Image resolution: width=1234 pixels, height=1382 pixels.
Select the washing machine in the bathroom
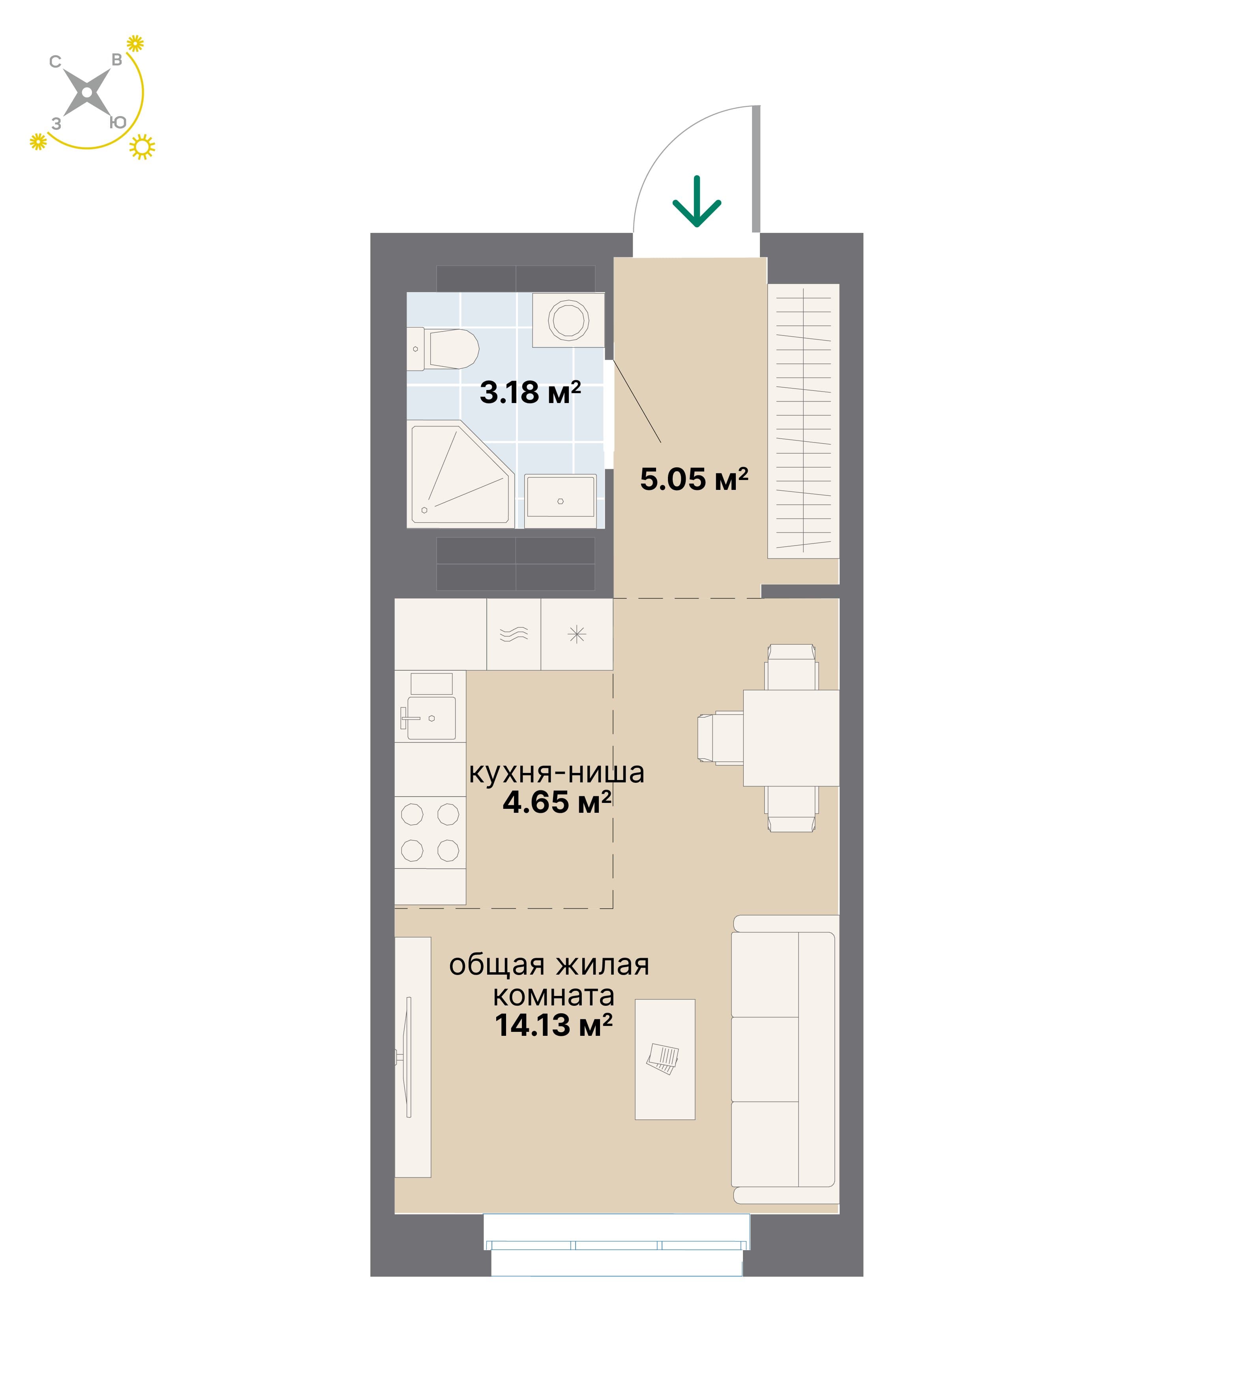pos(568,320)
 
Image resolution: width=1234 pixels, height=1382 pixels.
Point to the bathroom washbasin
pos(561,501)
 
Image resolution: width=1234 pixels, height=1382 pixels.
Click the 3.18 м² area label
pos(530,393)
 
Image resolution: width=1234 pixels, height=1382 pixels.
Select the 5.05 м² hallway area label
pos(694,480)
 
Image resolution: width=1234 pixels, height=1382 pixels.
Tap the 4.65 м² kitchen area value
pos(557,802)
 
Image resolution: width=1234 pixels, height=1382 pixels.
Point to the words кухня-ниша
pos(557,773)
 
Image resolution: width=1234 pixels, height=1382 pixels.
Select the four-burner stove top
pos(430,832)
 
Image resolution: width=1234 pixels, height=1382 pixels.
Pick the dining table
pos(791,738)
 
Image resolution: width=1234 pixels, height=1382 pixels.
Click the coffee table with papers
pos(664,1059)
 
